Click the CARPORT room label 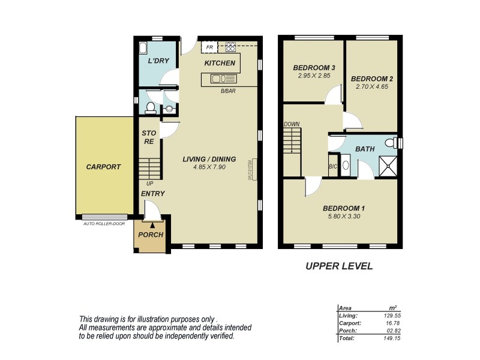coord(103,167)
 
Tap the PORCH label coord(151,235)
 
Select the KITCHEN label coord(219,63)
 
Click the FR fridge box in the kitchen coord(209,47)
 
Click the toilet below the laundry coord(151,108)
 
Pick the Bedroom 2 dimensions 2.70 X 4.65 coord(371,86)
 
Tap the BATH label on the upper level coord(365,149)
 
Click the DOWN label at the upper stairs coord(292,125)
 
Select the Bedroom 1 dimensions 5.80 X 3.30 coord(344,216)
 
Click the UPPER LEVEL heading coord(339,266)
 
